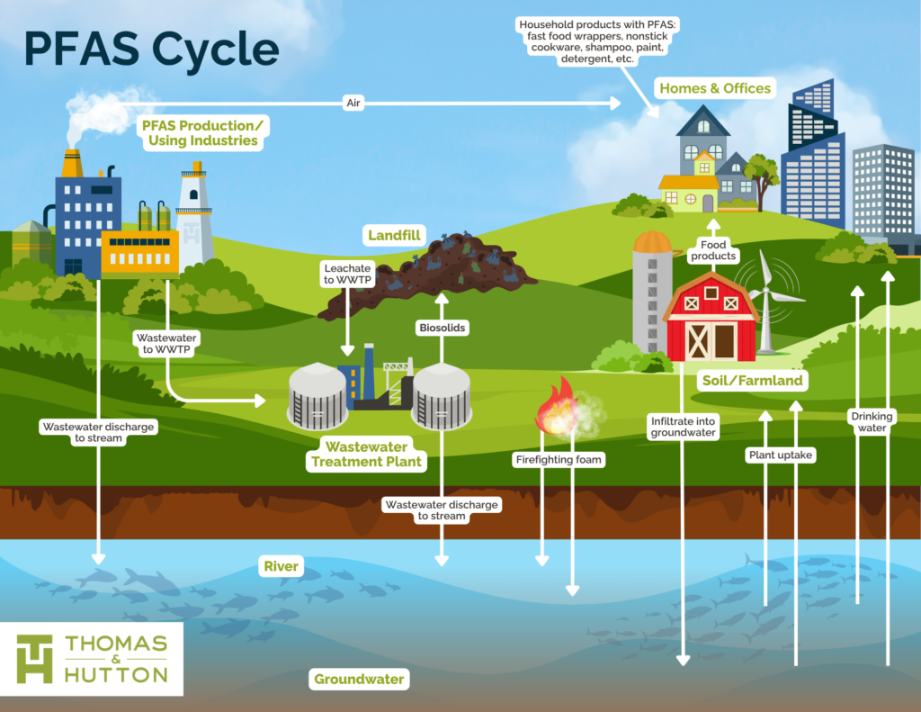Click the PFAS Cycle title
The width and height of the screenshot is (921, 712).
[x=151, y=50]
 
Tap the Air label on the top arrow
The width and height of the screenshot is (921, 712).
[x=353, y=104]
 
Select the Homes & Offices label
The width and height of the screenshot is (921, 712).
[x=715, y=88]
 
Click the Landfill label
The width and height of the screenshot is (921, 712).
[x=394, y=236]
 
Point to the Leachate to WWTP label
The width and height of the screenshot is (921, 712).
[x=347, y=275]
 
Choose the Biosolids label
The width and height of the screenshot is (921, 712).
[x=442, y=328]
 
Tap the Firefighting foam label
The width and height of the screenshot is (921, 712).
[x=558, y=460]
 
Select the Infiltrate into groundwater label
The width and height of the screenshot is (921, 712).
[x=683, y=426]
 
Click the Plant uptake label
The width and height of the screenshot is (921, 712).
[x=781, y=455]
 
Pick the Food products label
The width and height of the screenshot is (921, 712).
[x=712, y=250]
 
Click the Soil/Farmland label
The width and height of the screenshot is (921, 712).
[x=752, y=381]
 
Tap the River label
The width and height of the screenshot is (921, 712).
[x=281, y=566]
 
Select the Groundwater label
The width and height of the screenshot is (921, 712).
[x=359, y=680]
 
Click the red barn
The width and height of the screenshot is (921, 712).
[x=711, y=318]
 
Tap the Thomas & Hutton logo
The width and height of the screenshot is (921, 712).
[x=92, y=658]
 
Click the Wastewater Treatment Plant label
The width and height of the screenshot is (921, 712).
[x=366, y=455]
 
